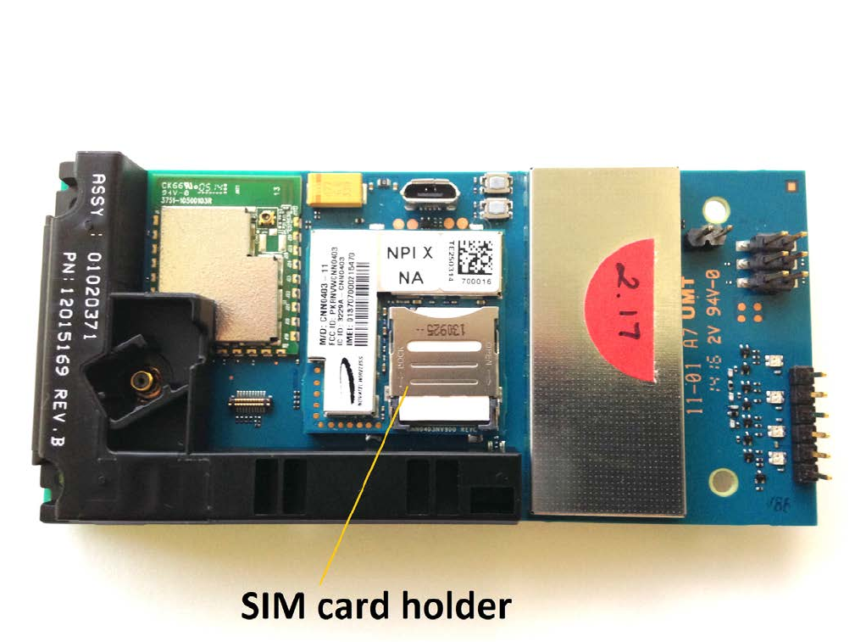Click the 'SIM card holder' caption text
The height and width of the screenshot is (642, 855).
(376, 605)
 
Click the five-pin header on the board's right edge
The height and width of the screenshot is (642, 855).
(808, 425)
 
